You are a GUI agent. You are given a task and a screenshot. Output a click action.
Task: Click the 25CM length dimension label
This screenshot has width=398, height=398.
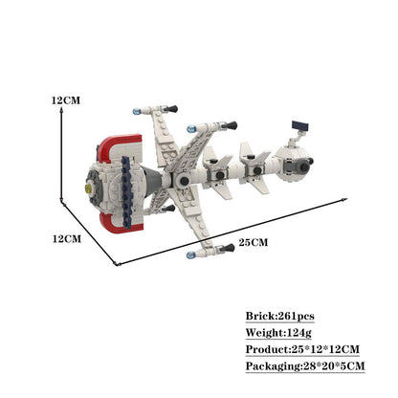tap(254, 242)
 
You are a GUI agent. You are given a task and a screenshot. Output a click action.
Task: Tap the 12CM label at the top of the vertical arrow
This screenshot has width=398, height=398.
tap(66, 100)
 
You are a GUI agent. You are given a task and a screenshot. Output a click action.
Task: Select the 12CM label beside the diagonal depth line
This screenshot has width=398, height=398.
tap(67, 238)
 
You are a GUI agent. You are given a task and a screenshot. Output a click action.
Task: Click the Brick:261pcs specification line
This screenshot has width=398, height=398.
tap(279, 316)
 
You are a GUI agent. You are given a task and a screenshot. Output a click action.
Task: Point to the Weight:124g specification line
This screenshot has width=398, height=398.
tap(278, 333)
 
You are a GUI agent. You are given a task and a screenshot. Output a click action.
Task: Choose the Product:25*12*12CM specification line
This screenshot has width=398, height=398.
tap(302, 349)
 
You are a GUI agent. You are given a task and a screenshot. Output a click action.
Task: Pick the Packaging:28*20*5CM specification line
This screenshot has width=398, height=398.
tap(305, 365)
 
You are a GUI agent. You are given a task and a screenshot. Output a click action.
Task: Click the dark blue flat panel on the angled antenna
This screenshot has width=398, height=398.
tap(300, 125)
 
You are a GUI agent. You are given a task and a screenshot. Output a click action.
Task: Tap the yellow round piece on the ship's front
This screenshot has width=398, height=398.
tap(88, 188)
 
